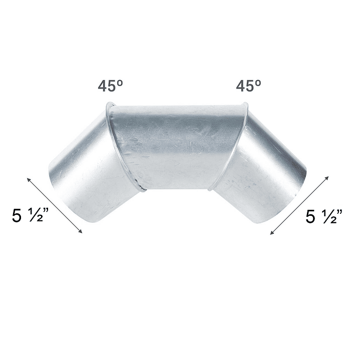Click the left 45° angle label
click(x=111, y=86)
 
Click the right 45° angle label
click(x=249, y=86)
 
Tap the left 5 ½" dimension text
click(x=31, y=216)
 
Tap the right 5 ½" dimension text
click(x=324, y=216)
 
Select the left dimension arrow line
click(x=55, y=205)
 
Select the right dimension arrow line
click(x=299, y=205)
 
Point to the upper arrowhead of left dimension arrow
click(x=28, y=179)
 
